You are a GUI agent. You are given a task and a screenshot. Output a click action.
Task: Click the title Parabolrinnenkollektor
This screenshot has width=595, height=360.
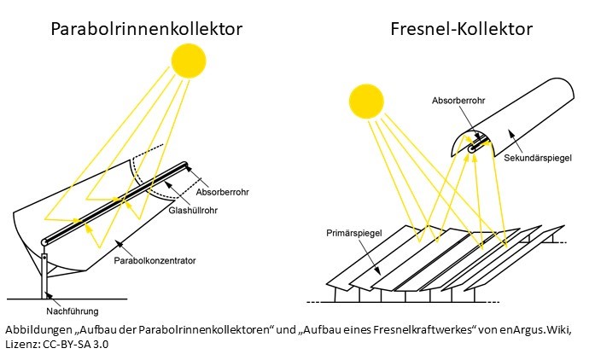146,29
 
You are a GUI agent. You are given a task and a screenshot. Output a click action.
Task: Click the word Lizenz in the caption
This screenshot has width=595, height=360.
23,345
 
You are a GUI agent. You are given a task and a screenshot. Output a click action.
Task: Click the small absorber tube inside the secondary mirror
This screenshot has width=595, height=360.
472,147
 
